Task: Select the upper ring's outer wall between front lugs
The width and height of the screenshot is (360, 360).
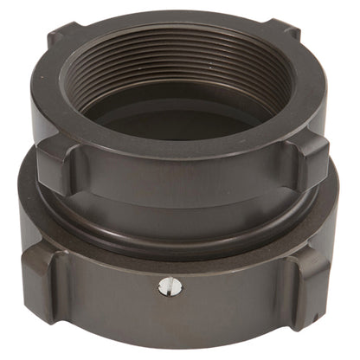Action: (182, 186)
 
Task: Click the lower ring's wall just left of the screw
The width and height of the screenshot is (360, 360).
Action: (130, 290)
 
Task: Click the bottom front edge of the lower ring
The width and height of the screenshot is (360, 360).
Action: (182, 344)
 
